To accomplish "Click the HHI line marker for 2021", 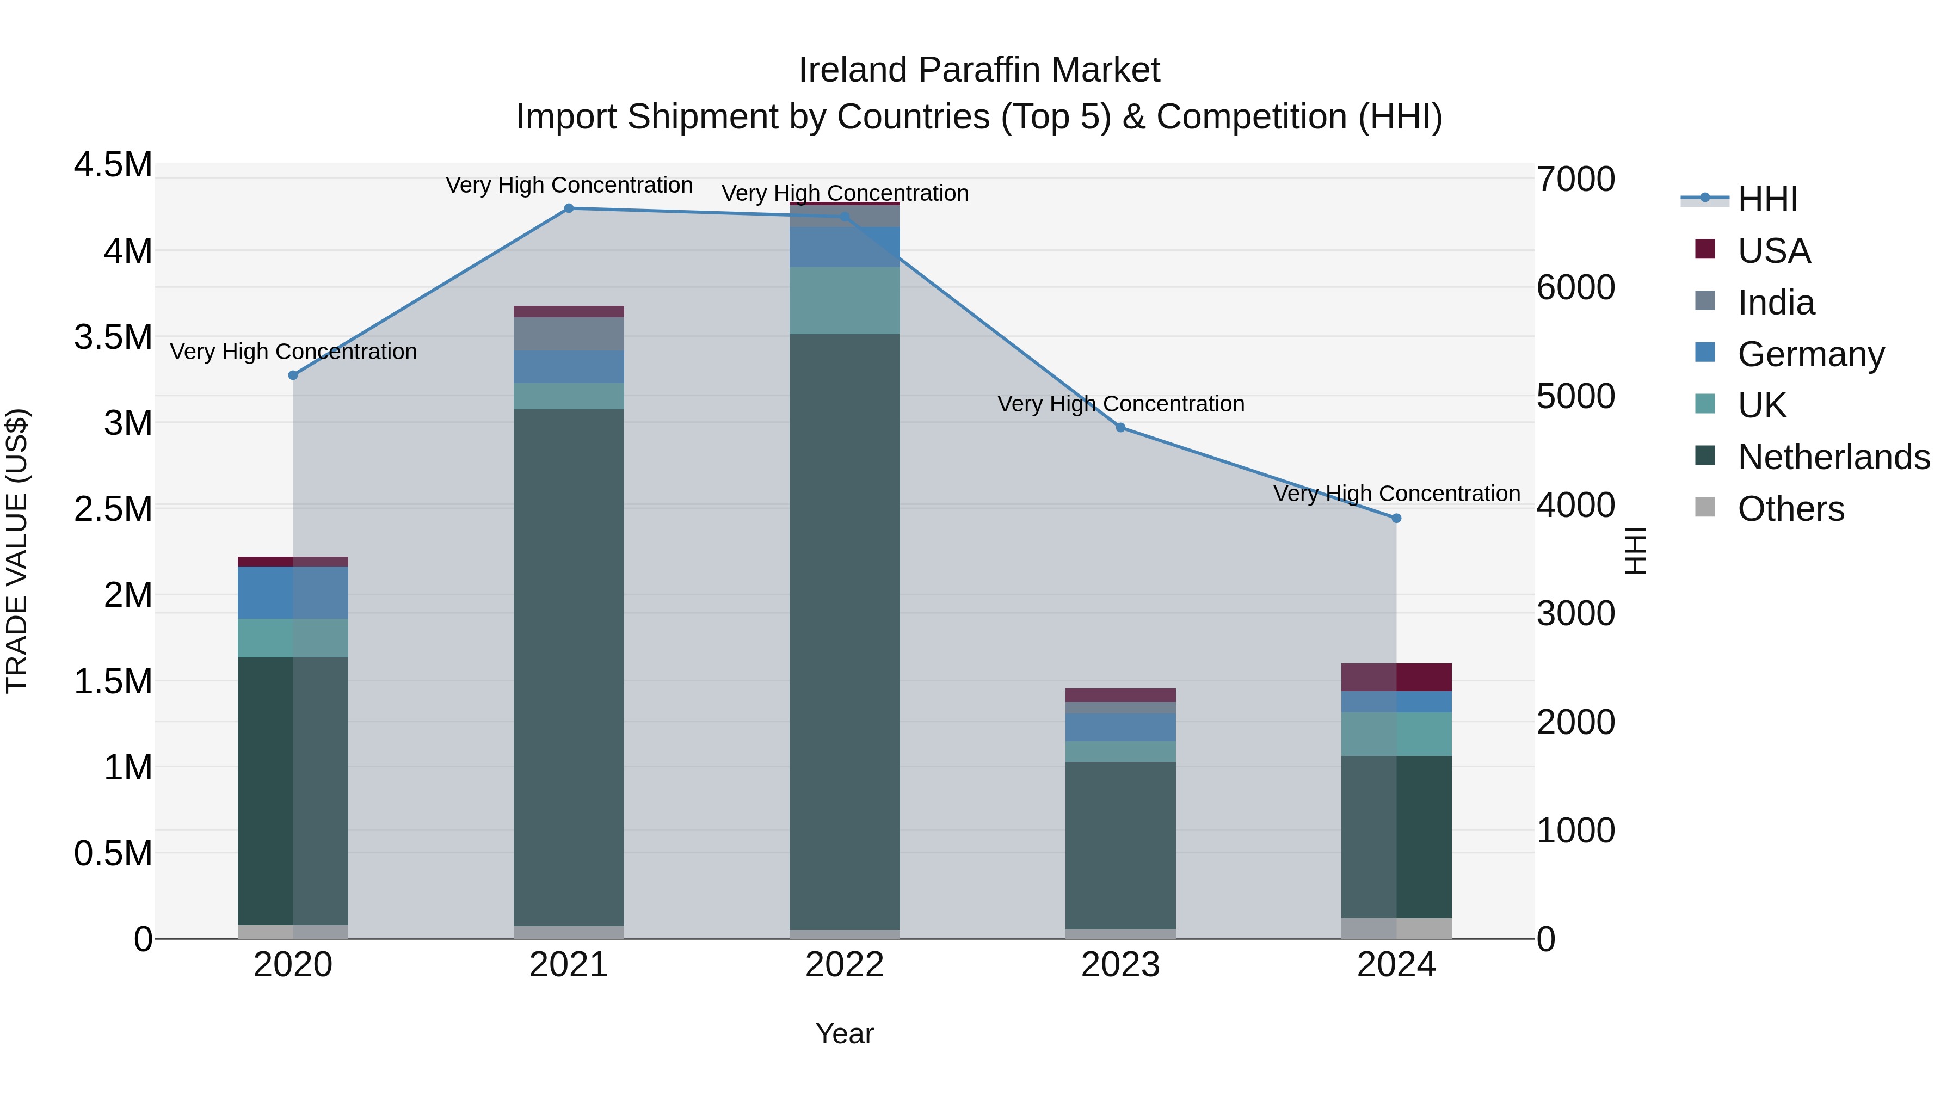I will coord(569,208).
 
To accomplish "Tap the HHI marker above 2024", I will coord(1396,519).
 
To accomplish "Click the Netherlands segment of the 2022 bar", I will coord(844,631).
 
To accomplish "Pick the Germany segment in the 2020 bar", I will coord(293,593).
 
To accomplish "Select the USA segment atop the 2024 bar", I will coord(1396,677).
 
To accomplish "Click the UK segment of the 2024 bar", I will coord(1396,734).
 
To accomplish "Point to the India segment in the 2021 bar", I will coord(569,334).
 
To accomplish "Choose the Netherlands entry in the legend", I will coord(1833,457).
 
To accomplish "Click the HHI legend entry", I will coord(1766,199).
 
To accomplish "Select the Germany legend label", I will coord(1810,354).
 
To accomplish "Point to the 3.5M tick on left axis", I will coord(113,337).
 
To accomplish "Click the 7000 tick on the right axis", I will coord(1575,180).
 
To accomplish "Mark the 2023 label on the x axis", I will coord(1120,965).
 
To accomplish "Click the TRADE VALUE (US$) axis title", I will coord(17,551).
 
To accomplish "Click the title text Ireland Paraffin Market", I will coord(979,70).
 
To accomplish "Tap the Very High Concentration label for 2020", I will coord(293,352).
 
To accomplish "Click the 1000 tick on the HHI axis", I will coord(1575,830).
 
